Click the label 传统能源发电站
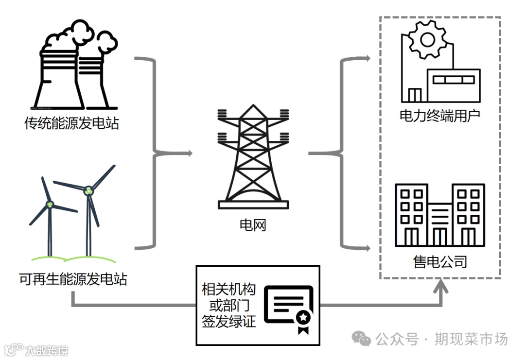coord(71,123)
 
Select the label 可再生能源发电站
coord(73,279)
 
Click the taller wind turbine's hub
coord(88,190)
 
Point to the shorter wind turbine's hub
coord(49,205)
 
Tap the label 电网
coord(253,225)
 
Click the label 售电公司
coord(440,262)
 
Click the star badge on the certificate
coord(303,317)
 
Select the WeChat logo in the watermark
coord(362,339)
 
